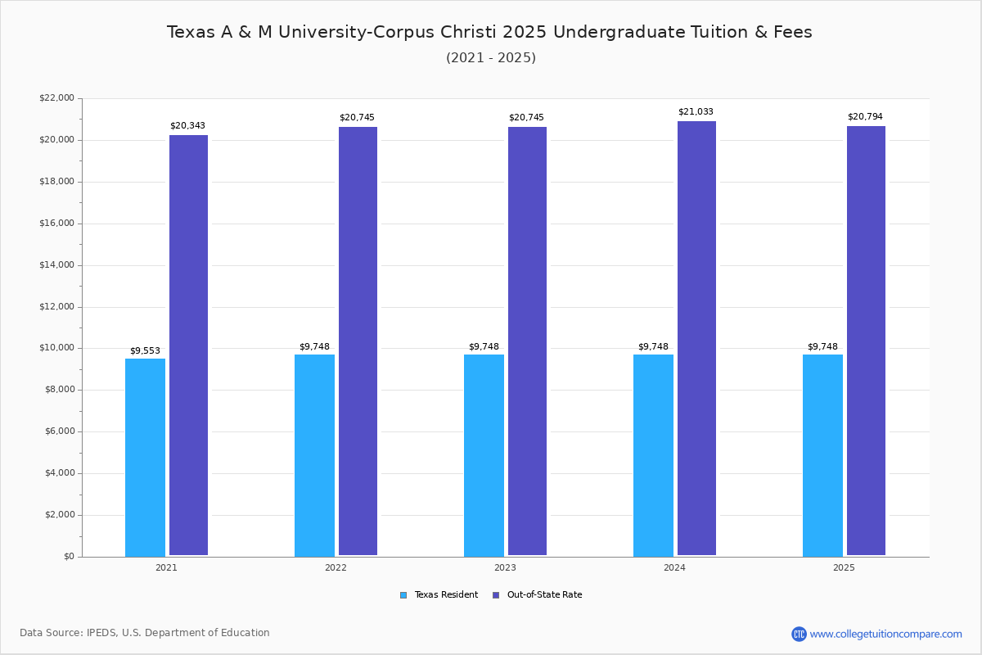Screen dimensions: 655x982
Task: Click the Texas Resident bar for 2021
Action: [x=145, y=457]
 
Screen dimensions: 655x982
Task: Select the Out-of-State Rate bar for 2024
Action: [x=696, y=338]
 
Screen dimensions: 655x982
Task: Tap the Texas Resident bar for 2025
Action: [x=822, y=455]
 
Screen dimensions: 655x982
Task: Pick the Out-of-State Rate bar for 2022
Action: [x=358, y=341]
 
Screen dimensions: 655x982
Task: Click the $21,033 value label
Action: [x=696, y=112]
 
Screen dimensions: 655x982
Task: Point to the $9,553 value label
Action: [x=145, y=351]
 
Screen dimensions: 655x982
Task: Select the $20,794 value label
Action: [x=865, y=117]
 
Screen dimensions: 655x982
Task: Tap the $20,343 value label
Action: [x=187, y=126]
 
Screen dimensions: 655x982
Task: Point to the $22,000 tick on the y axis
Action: [x=56, y=98]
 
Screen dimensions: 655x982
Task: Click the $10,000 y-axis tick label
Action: [x=56, y=348]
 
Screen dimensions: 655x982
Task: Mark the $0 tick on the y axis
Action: [x=68, y=557]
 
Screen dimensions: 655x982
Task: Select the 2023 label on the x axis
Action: [x=505, y=567]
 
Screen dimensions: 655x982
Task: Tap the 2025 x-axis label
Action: [x=844, y=567]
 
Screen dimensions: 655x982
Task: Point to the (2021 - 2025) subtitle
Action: [x=491, y=58]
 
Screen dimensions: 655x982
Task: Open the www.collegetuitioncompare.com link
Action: [x=885, y=634]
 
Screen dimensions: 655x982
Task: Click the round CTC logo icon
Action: [x=799, y=634]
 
